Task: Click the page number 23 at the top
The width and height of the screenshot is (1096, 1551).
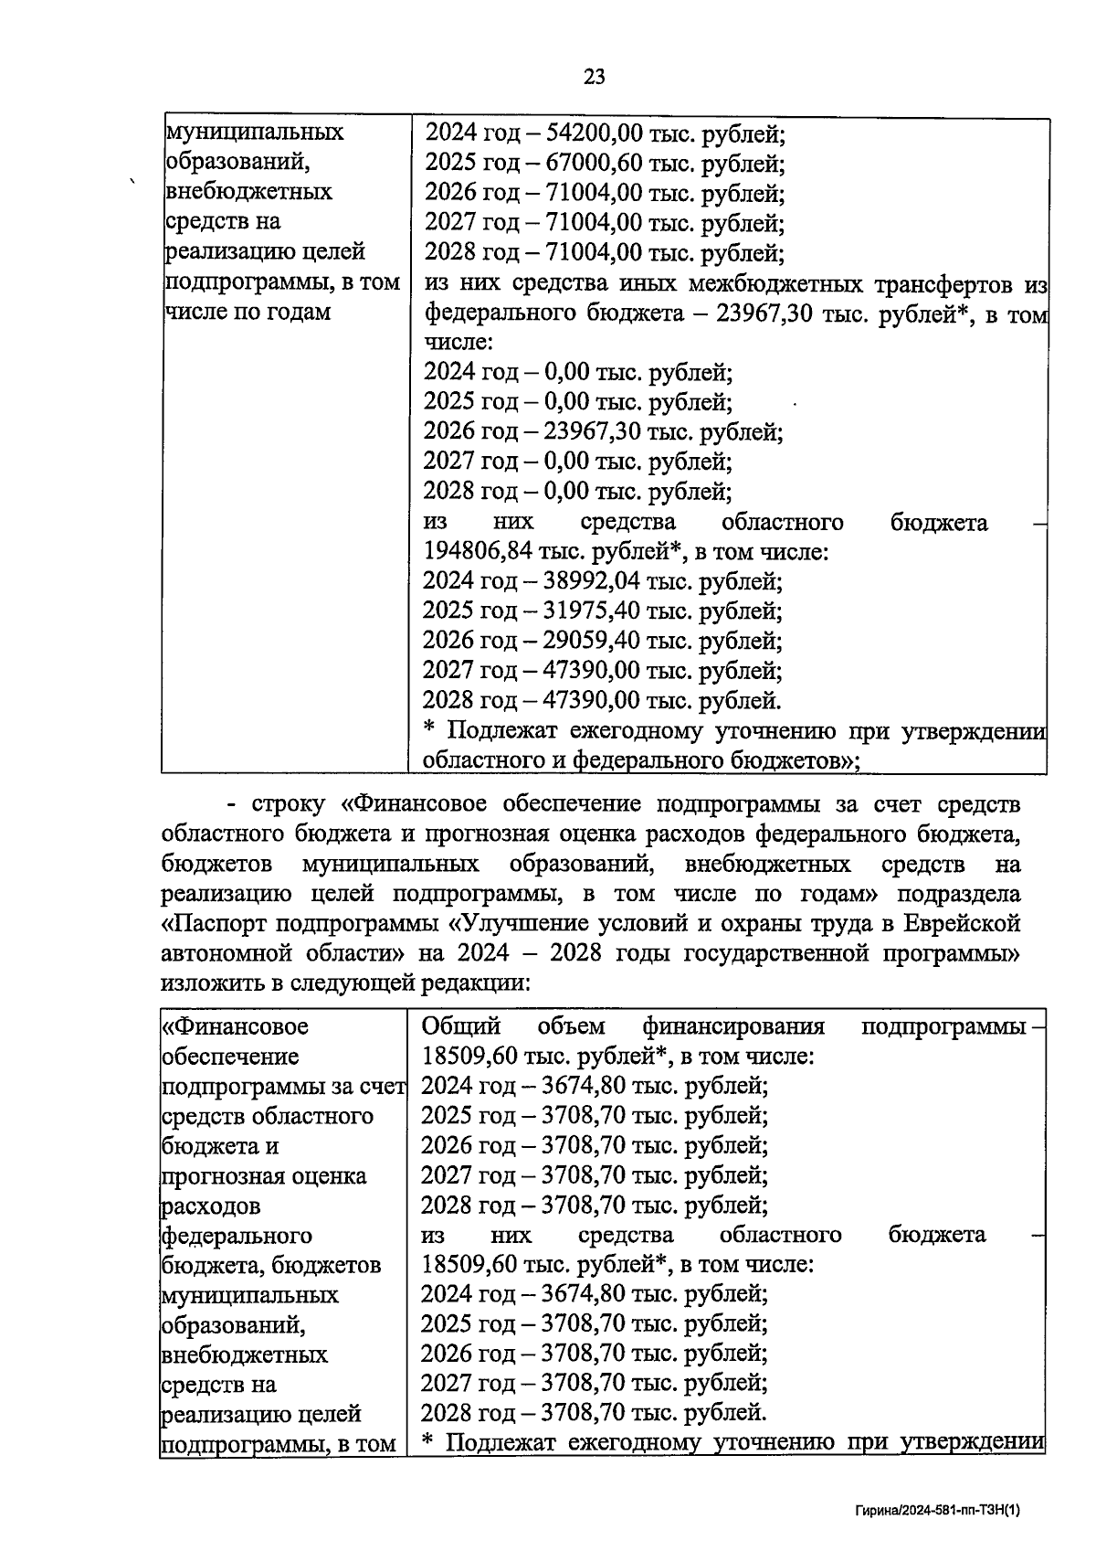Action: point(594,77)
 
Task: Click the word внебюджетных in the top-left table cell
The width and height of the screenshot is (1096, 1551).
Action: point(248,192)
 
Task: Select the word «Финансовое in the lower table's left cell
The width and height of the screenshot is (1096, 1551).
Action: point(236,1026)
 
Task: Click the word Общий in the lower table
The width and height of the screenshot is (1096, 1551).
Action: point(461,1026)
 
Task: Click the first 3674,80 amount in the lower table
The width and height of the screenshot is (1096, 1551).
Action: point(578,1086)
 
